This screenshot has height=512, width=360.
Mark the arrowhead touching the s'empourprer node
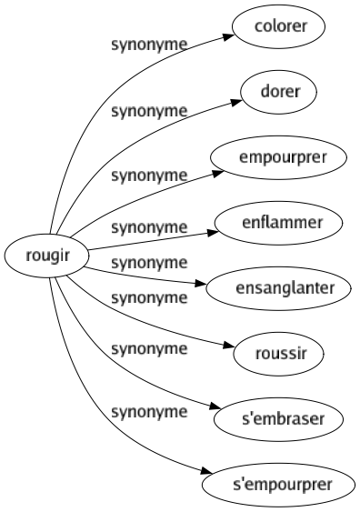coord(209,472)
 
